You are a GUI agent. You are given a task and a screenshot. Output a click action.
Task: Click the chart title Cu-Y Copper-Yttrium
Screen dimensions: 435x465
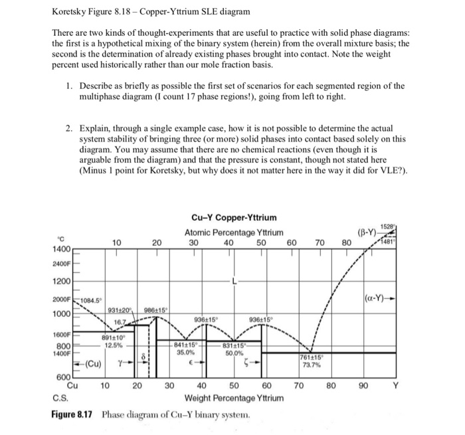(x=234, y=218)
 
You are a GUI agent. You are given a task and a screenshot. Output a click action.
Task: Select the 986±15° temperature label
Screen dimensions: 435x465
(x=157, y=310)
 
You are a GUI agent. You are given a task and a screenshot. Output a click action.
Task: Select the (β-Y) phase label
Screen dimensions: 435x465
(x=367, y=234)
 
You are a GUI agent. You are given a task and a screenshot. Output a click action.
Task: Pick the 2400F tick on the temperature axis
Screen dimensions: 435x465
(x=61, y=264)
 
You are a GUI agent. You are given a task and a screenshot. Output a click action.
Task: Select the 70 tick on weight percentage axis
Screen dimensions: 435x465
(x=299, y=385)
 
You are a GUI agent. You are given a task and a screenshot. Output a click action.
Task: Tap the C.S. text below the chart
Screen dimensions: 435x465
(x=58, y=397)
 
